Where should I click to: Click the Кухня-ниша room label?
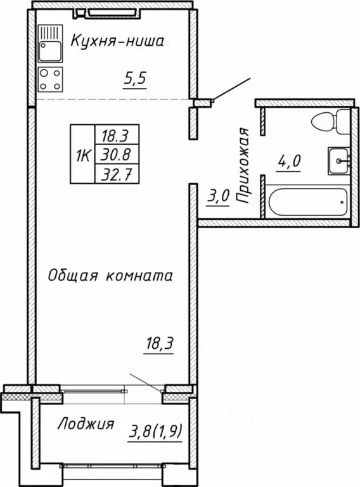[117, 42]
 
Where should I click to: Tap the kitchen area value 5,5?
[134, 81]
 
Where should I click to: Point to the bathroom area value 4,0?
[288, 161]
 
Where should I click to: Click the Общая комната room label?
[111, 276]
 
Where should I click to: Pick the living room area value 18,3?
[158, 346]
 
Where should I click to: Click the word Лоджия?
[86, 424]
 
